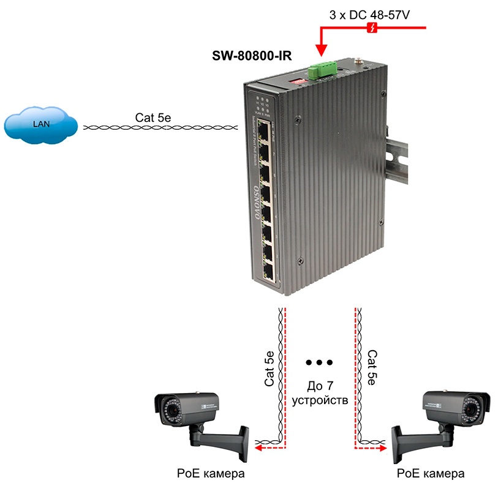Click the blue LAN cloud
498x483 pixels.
point(40,125)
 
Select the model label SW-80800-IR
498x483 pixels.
point(251,56)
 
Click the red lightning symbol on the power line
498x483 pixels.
point(371,28)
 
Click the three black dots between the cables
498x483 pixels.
point(319,362)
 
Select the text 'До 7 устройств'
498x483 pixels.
point(320,394)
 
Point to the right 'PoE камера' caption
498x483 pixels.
point(431,473)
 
